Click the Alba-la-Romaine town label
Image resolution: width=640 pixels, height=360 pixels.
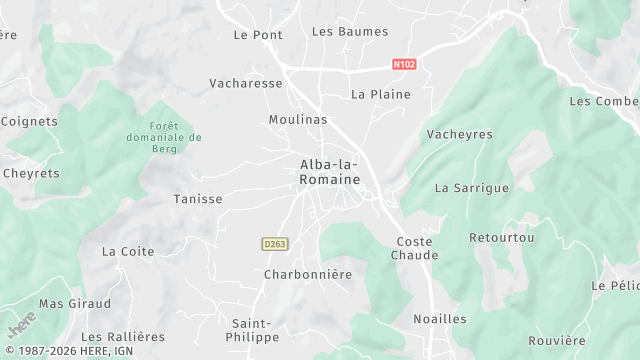[329, 170]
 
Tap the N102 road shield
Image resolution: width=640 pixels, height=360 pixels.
[404, 64]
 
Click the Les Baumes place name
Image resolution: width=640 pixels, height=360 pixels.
[349, 31]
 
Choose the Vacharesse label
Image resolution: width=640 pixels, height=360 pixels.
[246, 83]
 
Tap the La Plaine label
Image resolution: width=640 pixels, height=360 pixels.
[375, 94]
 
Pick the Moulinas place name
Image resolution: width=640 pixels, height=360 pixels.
[298, 119]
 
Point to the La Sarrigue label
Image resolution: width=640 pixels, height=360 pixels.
[472, 187]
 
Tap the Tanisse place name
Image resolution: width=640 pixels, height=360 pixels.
[198, 199]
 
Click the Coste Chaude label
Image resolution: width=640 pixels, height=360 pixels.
[417, 248]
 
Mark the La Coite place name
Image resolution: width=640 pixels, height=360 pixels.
[128, 251]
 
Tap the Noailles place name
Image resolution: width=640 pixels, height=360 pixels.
[440, 319]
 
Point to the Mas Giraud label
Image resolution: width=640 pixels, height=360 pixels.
[74, 303]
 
